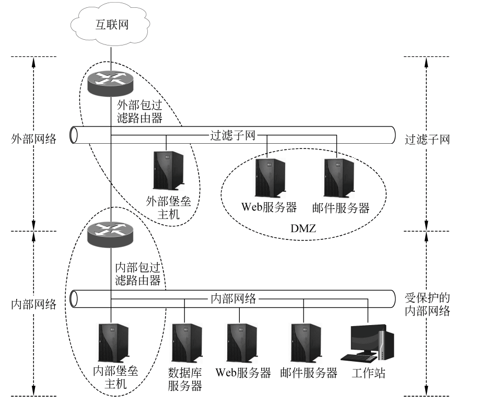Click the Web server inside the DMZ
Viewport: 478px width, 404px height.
click(270, 177)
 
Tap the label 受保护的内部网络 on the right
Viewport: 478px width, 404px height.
click(427, 304)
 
